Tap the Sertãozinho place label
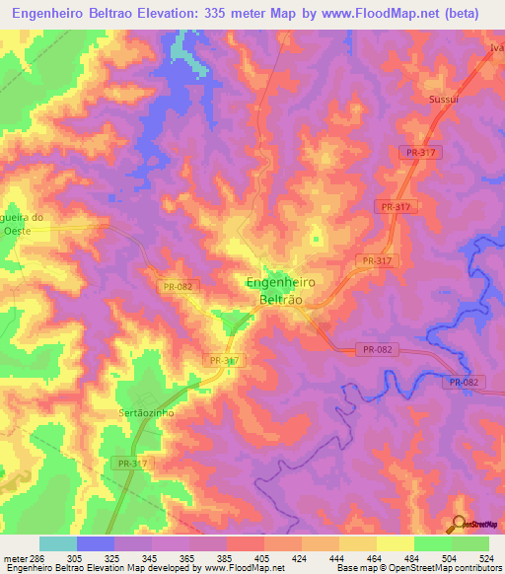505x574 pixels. tap(146, 413)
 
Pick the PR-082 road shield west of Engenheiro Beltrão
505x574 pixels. tap(178, 286)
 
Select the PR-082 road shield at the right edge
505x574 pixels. tap(463, 383)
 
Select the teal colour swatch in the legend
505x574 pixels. tap(58, 543)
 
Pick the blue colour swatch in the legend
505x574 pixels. tap(96, 543)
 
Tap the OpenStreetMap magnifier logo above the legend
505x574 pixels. tap(460, 524)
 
